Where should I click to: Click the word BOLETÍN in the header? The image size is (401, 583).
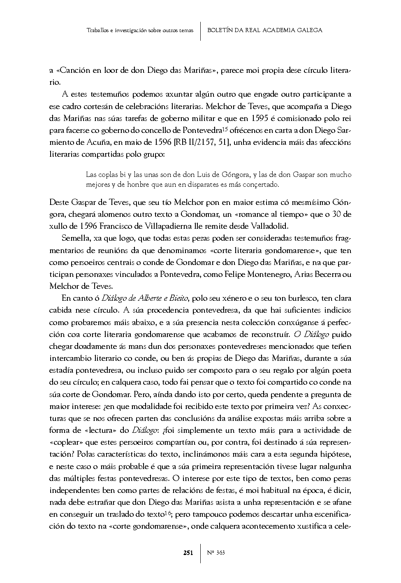[x=220, y=30]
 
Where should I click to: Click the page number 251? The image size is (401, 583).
[x=188, y=553]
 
